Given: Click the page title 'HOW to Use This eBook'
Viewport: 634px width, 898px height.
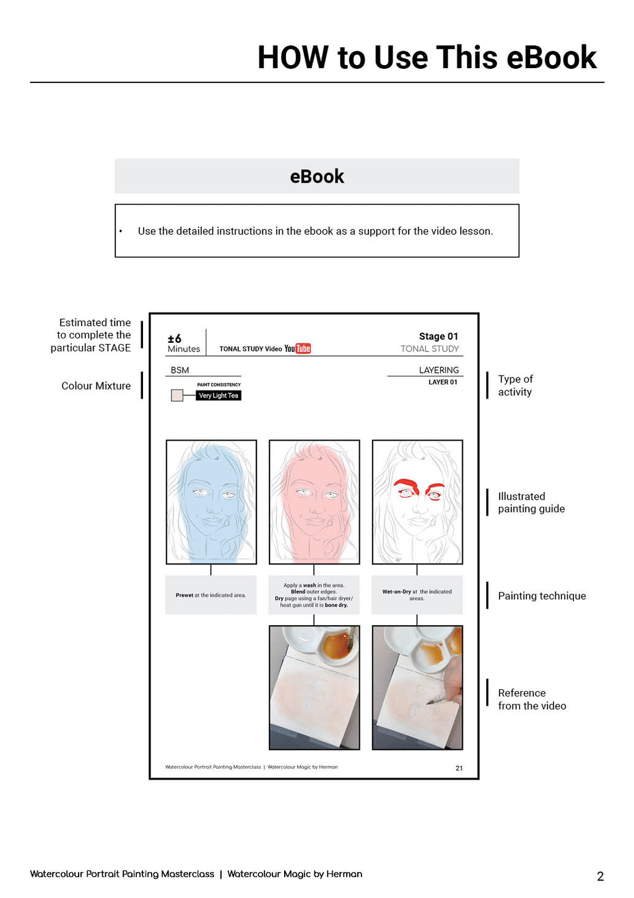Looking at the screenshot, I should [x=427, y=58].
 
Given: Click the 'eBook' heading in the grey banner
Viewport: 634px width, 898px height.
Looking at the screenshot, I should [x=317, y=177].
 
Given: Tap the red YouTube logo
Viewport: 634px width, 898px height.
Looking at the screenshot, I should [x=303, y=348].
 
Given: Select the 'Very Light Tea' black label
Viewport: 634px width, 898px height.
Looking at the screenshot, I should [x=219, y=395].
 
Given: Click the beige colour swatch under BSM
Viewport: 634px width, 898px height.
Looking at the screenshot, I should [x=177, y=395].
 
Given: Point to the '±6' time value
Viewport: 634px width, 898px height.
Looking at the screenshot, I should [x=175, y=338].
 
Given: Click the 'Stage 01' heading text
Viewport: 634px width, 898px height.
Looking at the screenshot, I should [x=438, y=337].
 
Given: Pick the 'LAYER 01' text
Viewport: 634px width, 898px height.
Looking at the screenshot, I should [x=443, y=382].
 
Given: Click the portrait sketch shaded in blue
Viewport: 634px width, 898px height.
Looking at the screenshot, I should [x=211, y=502].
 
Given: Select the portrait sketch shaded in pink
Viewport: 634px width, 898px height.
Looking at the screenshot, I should [x=314, y=502].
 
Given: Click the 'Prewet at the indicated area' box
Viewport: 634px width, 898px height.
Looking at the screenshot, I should [x=211, y=595].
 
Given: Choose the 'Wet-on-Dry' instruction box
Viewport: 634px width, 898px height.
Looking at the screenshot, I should [x=417, y=595].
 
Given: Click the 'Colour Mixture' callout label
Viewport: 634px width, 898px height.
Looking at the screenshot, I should [x=96, y=385].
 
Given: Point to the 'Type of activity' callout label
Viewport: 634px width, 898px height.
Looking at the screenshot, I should [x=515, y=385].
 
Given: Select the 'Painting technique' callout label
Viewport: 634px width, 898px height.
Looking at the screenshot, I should [x=542, y=596].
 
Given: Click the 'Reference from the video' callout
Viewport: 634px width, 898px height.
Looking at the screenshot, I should [x=532, y=699].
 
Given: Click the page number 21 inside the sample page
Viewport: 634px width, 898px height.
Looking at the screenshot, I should [x=459, y=768].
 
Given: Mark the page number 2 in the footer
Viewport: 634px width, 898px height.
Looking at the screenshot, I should [x=600, y=876].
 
